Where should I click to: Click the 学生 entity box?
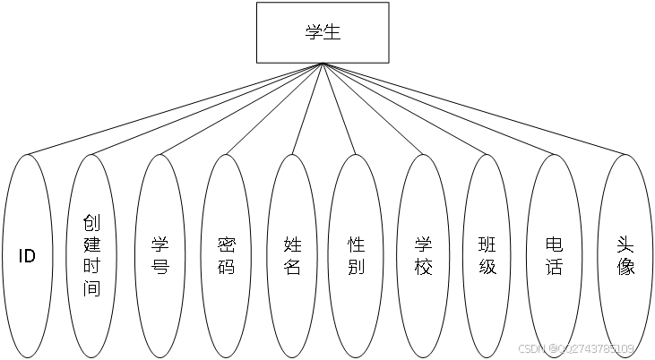pos(323,32)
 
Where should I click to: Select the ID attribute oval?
pos(28,256)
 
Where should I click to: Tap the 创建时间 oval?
pos(92,256)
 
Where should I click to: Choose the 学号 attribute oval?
pos(159,256)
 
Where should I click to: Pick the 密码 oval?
pos(226,256)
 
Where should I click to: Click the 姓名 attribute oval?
pos(292,256)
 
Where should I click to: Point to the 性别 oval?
pos(357,256)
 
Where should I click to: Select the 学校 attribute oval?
pos(423,256)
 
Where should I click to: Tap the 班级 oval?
pos(487,256)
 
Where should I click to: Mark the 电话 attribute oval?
pos(554,256)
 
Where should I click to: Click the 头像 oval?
pos(625,256)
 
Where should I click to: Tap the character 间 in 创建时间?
pos(92,288)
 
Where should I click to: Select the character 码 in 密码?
pos(226,267)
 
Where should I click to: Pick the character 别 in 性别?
pos(357,267)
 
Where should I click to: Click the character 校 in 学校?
pos(423,267)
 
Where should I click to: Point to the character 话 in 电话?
pos(554,267)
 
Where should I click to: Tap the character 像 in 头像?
pos(625,267)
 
